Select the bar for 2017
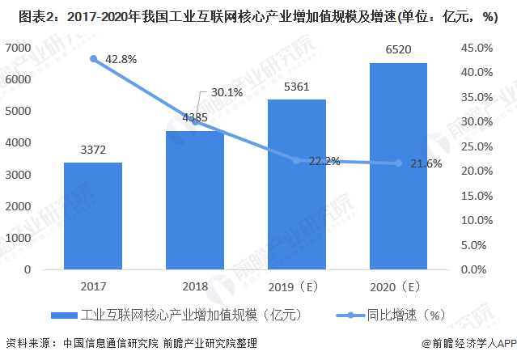pyautogui.click(x=93, y=216)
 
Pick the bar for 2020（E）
pyautogui.click(x=398, y=166)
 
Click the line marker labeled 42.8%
pyautogui.click(x=94, y=58)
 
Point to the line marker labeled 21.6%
pyautogui.click(x=398, y=163)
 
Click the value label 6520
pyautogui.click(x=398, y=50)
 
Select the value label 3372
pyautogui.click(x=93, y=150)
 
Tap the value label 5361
pyautogui.click(x=297, y=87)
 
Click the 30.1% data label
pyautogui.click(x=227, y=92)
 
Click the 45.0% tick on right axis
pyautogui.click(x=476, y=48)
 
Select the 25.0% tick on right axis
pyautogui.click(x=476, y=146)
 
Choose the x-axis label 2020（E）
pyautogui.click(x=398, y=286)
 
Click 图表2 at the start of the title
pyautogui.click(x=23, y=15)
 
